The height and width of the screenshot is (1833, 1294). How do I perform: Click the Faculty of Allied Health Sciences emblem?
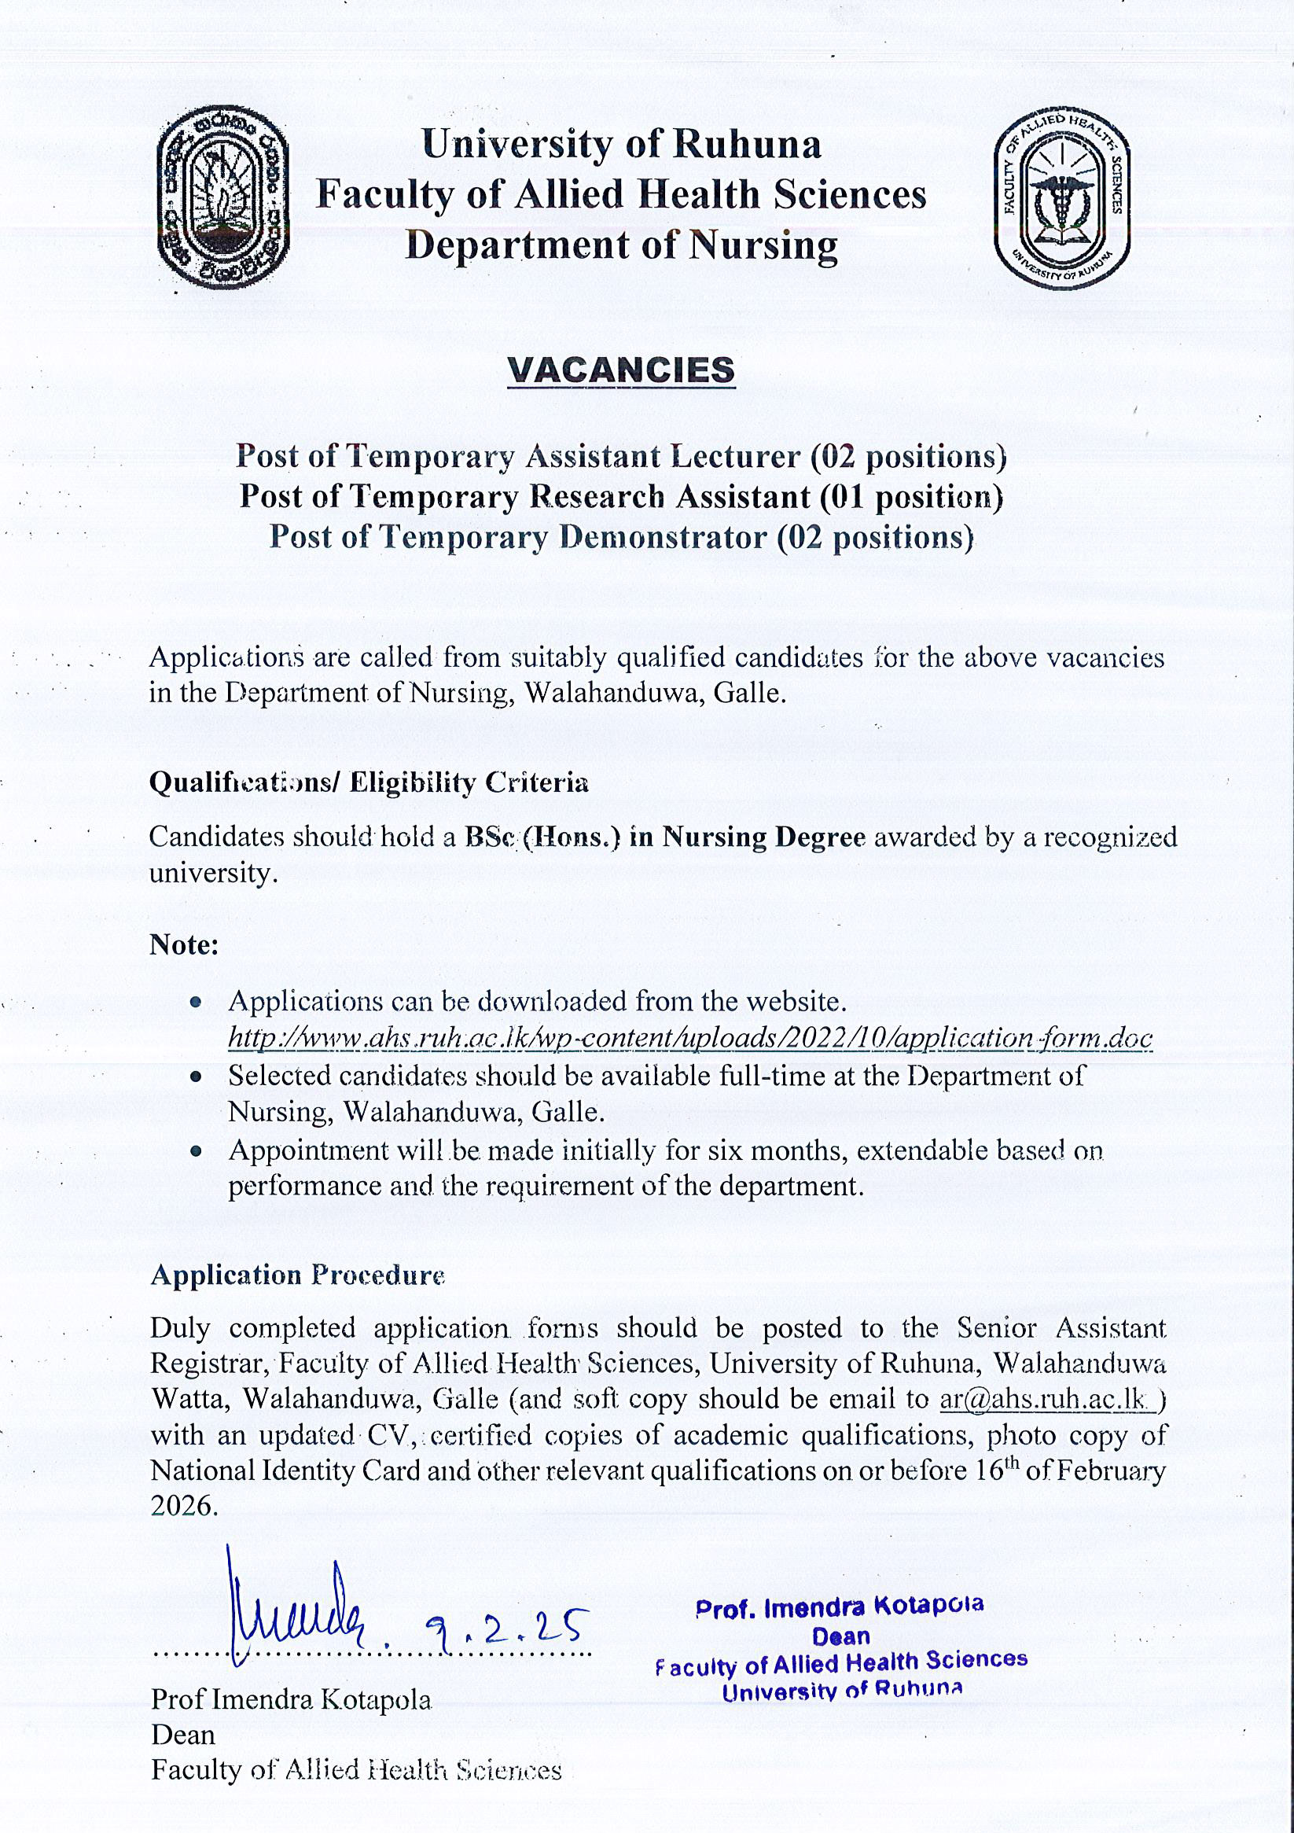coord(1062,199)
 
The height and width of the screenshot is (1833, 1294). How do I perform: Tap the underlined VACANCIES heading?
coord(621,370)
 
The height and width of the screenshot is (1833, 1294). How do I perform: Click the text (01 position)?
coord(911,496)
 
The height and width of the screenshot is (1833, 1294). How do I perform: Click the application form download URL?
coord(689,1038)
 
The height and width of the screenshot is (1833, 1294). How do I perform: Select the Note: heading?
coord(184,944)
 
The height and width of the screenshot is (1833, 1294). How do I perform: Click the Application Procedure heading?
coord(297,1275)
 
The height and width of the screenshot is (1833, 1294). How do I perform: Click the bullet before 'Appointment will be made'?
coord(196,1152)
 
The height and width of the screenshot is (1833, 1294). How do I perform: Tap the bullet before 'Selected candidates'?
coord(196,1077)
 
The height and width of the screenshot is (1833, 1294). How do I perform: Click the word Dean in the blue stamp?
coord(840,1636)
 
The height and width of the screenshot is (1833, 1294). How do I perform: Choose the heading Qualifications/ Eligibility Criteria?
coord(369,782)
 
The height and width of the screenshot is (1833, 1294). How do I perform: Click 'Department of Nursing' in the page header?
coord(621,245)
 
